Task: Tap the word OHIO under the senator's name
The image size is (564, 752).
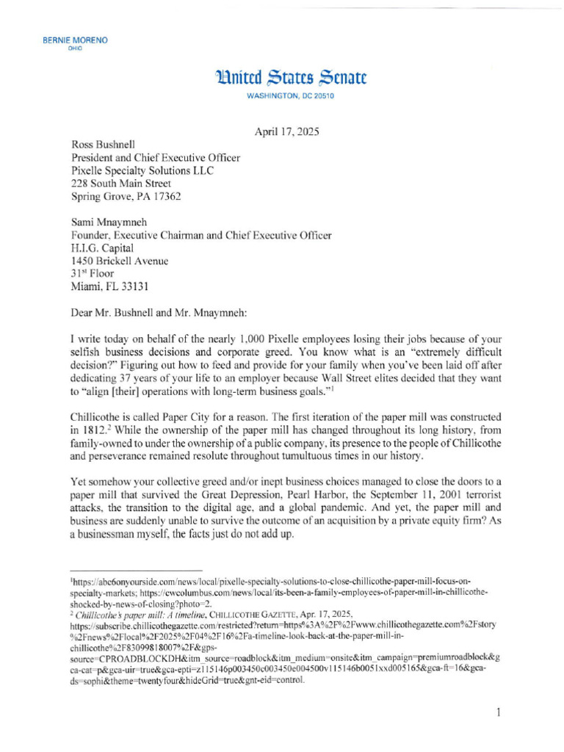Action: click(75, 48)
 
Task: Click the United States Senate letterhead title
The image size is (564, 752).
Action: click(290, 77)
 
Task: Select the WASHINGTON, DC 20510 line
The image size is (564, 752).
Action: click(289, 97)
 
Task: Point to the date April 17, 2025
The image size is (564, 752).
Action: click(287, 132)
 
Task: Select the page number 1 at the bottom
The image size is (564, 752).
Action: click(497, 712)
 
